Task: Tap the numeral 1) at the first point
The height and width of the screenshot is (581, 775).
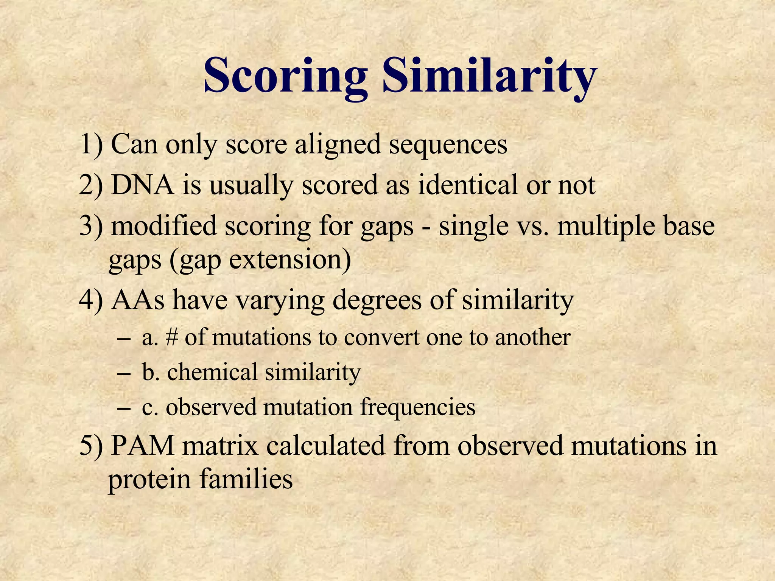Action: tap(91, 144)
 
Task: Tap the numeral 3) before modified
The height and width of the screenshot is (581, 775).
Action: tap(91, 226)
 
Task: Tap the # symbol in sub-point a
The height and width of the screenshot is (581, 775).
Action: tap(171, 337)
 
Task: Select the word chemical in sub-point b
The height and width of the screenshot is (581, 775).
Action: tap(212, 372)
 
